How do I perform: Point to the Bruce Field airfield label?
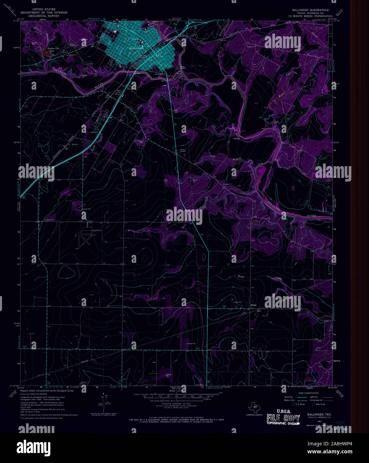point(88,230)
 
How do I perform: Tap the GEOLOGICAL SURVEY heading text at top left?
point(43,16)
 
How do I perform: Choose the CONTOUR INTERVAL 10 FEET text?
point(183,403)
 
